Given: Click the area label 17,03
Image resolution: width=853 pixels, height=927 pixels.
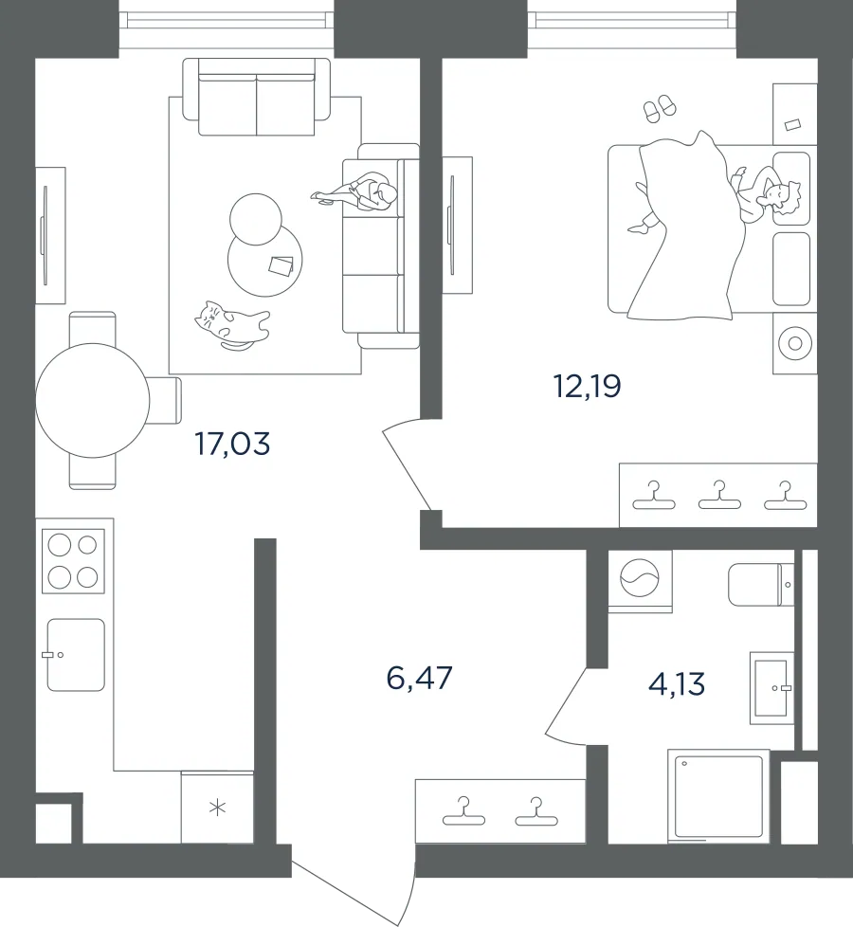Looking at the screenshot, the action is click(232, 444).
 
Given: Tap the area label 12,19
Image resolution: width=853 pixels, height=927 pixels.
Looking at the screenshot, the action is click(588, 387).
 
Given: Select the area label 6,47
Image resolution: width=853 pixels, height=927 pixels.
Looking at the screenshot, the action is click(419, 678).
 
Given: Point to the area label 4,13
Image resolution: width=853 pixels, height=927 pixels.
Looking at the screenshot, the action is click(677, 684).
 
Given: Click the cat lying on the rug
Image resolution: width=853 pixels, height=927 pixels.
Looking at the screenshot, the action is click(232, 324).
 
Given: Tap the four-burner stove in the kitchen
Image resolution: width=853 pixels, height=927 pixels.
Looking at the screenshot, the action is click(73, 561).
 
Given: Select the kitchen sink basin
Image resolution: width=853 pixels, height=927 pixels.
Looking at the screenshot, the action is click(76, 654).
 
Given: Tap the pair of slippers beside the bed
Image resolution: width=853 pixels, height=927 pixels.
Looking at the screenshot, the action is click(660, 108).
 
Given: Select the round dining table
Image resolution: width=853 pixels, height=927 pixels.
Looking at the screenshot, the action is click(93, 400).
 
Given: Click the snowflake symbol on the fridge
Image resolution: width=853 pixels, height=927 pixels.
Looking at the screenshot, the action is click(218, 808).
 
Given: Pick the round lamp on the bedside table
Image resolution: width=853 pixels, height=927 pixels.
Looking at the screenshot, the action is click(794, 343).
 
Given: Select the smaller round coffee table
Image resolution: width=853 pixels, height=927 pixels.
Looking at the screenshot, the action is click(255, 219).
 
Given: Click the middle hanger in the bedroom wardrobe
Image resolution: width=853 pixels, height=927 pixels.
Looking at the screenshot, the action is click(718, 496).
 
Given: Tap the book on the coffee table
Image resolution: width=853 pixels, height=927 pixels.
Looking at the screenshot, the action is click(281, 264).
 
